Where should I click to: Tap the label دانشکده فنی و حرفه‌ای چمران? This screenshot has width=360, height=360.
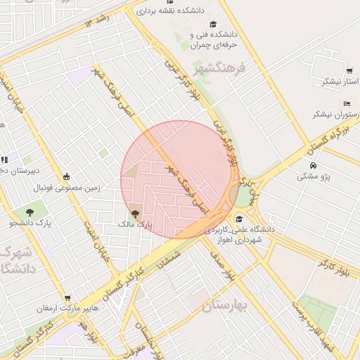214,40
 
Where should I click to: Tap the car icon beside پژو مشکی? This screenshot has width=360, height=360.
313,166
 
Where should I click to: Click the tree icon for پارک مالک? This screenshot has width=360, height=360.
134,212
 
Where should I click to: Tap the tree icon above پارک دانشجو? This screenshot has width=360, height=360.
30,212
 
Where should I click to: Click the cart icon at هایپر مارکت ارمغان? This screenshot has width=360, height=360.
67,297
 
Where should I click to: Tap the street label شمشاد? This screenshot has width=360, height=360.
172,264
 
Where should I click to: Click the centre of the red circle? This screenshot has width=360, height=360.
180,179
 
